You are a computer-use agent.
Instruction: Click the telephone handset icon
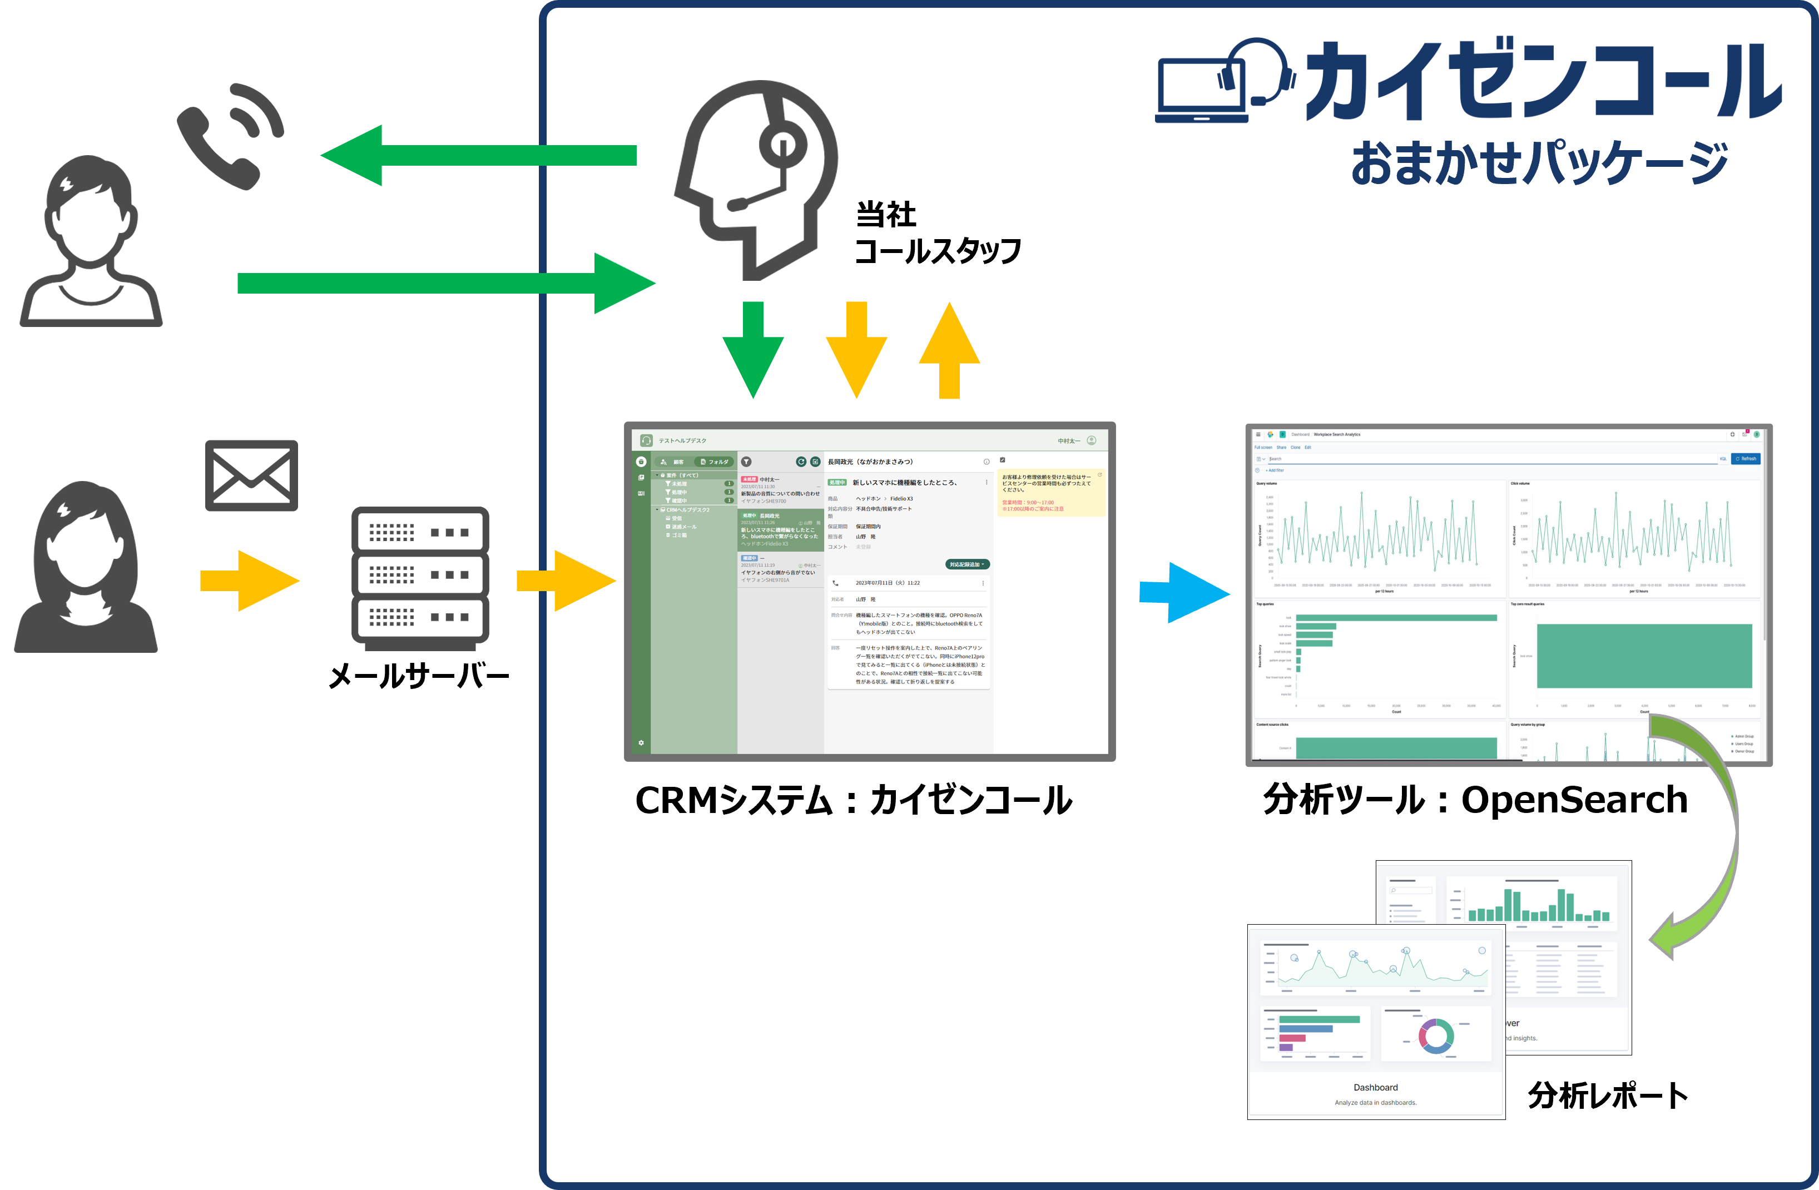click(229, 137)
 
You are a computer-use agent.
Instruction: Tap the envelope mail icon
click(251, 475)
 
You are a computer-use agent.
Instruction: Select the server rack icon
click(420, 578)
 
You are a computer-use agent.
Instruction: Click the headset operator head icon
click(757, 180)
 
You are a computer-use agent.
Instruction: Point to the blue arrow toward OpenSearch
click(1184, 592)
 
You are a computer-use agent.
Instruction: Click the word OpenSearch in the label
click(1574, 800)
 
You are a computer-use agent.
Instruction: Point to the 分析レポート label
click(1625, 1095)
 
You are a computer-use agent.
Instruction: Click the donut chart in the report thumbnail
click(1435, 1035)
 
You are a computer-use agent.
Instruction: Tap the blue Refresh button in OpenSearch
click(1746, 459)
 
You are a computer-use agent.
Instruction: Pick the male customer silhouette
click(90, 241)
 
